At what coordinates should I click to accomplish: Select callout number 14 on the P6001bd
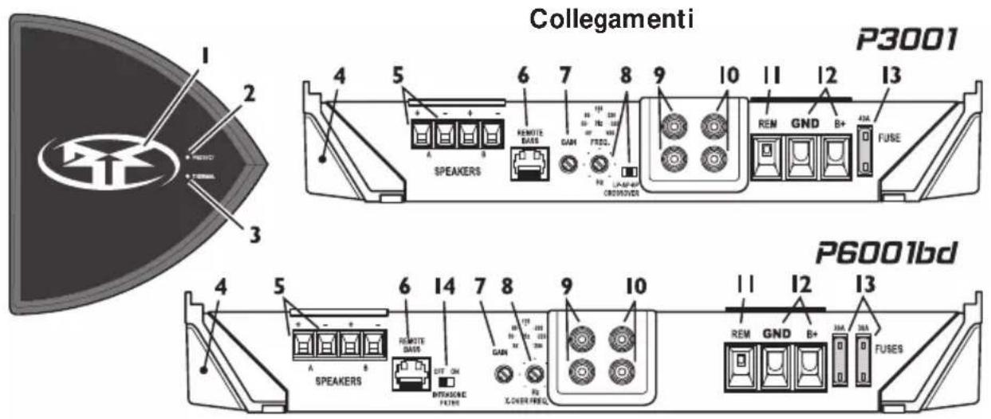pyautogui.click(x=449, y=285)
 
